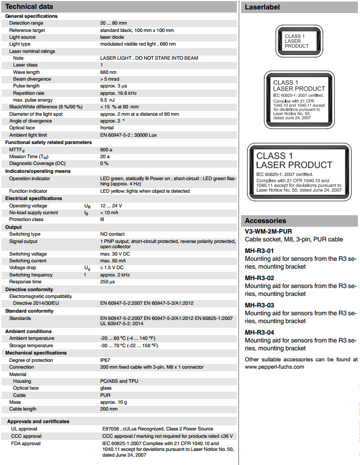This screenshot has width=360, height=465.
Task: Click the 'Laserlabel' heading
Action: coord(263,7)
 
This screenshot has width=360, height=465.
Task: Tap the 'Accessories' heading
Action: coord(265,220)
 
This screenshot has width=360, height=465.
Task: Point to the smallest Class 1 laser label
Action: coord(297,42)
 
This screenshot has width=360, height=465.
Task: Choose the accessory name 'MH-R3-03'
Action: coord(259,305)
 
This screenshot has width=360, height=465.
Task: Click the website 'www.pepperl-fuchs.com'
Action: coord(274,367)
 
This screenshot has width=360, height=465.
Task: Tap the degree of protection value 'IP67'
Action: coord(106,360)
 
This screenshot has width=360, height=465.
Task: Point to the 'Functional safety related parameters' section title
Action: coord(48,142)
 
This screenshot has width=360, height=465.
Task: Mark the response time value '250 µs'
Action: coord(108,282)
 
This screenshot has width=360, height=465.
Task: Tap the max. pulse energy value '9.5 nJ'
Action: coord(107,99)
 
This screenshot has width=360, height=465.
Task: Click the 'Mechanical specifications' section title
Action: coord(36,353)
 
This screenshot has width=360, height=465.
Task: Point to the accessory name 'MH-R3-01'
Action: coord(259,250)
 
